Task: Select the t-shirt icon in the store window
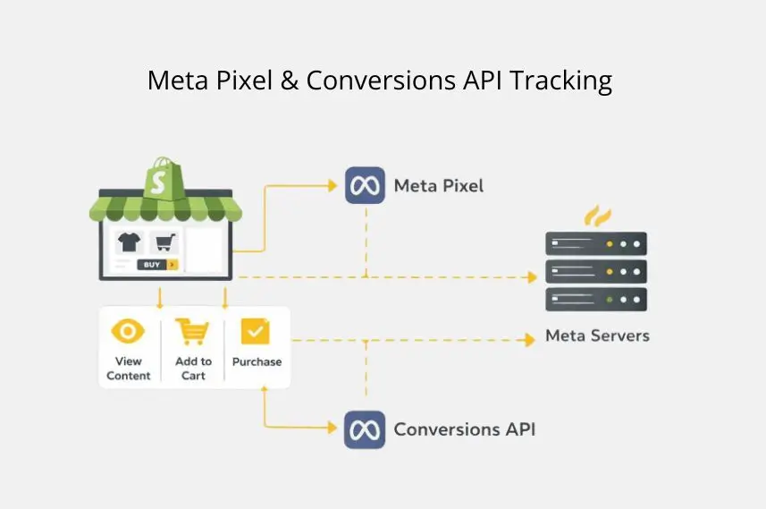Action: (x=128, y=242)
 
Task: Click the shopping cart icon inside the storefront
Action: (x=164, y=242)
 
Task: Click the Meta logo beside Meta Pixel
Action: (x=365, y=186)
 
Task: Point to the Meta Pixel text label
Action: (x=439, y=186)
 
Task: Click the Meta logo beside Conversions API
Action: (x=365, y=429)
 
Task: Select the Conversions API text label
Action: (x=465, y=429)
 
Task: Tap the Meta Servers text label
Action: (x=597, y=336)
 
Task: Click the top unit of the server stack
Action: (x=596, y=243)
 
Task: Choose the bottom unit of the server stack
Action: (x=596, y=299)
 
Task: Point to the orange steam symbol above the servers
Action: (x=597, y=216)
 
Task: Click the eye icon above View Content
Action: (x=128, y=331)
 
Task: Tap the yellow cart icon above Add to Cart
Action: (x=192, y=332)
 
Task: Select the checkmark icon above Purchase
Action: (x=255, y=332)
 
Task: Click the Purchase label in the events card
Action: (x=257, y=362)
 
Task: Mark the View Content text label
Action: (x=129, y=369)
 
